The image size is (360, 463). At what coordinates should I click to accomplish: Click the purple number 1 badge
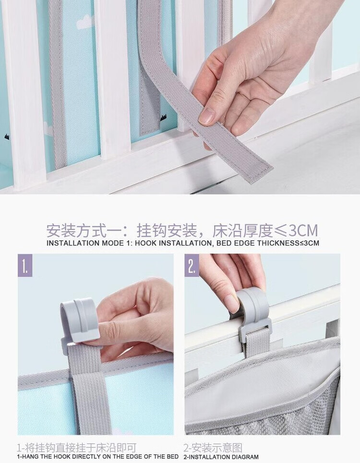[25, 266]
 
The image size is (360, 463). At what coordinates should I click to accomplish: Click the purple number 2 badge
[192, 266]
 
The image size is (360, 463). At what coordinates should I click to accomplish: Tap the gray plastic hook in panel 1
[79, 322]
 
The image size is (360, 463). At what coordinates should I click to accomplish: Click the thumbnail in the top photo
[207, 116]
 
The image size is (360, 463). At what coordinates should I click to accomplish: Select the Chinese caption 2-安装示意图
[213, 448]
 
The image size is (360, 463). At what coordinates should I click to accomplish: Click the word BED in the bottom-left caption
[172, 457]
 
